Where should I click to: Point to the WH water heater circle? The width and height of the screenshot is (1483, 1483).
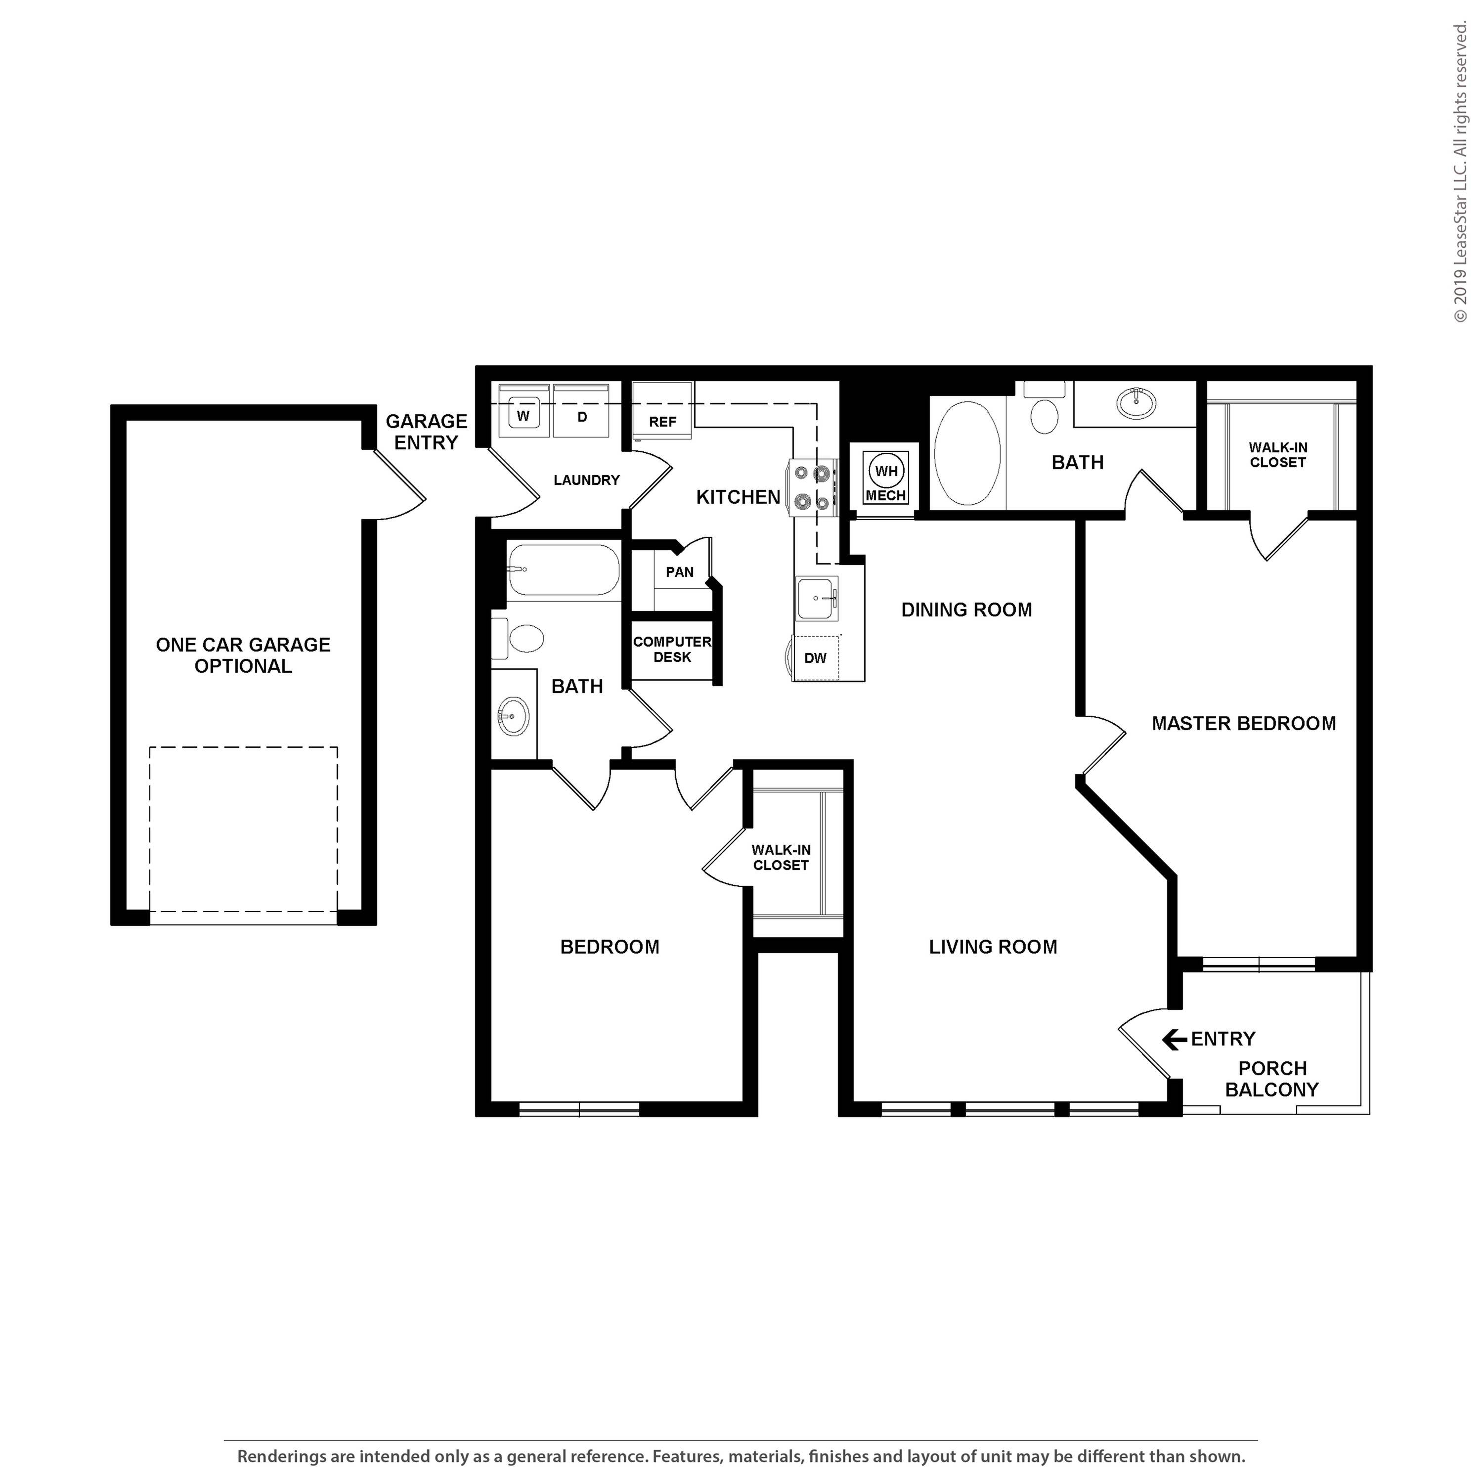[886, 471]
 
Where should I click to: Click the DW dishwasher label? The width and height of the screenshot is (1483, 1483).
[815, 658]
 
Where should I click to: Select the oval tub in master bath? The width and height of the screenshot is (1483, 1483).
[967, 452]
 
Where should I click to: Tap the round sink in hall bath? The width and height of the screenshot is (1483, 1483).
[512, 716]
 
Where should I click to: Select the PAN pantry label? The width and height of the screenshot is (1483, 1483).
[679, 572]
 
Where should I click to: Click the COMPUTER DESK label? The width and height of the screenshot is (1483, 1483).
[672, 650]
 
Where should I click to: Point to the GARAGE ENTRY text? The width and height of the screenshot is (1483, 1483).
[426, 432]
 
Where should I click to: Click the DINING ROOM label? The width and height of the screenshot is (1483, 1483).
[966, 610]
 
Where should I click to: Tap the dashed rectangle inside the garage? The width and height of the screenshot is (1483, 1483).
[243, 829]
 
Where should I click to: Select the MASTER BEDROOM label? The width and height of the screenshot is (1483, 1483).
[1244, 723]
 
